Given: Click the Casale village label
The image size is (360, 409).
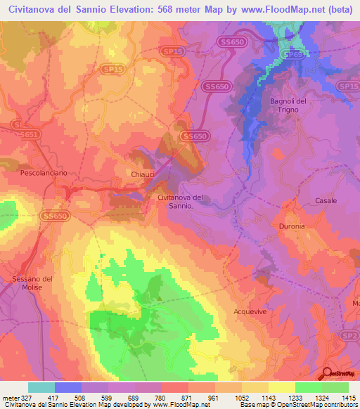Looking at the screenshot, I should (326, 200).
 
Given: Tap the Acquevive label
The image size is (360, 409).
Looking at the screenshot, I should (252, 309).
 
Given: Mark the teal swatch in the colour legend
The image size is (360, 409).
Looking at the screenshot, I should (41, 387).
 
